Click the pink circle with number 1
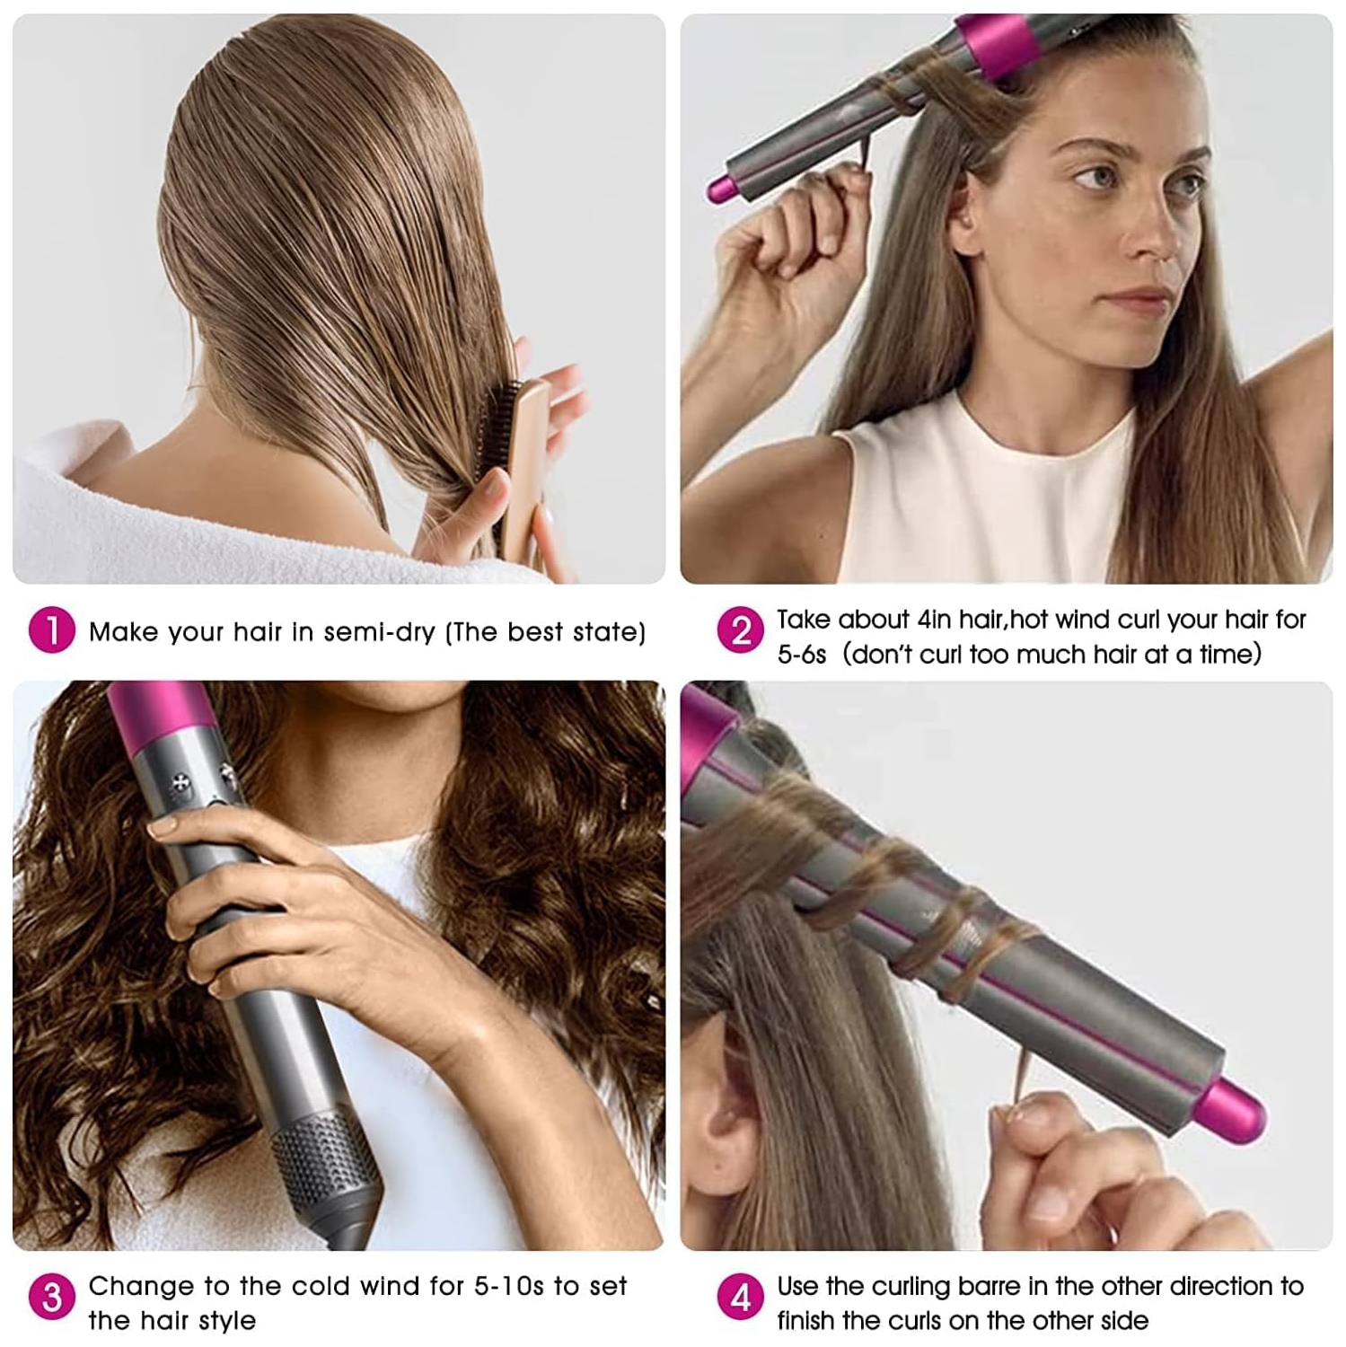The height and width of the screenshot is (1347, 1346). [x=51, y=630]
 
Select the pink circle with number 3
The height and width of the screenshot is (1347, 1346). [x=51, y=1297]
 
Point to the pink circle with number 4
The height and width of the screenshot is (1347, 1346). [x=740, y=1297]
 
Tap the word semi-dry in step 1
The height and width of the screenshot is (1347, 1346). [x=379, y=632]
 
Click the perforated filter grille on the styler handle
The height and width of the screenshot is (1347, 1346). [x=323, y=1158]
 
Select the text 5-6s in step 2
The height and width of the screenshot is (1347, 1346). [x=801, y=655]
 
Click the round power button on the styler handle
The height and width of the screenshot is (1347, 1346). [x=182, y=783]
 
